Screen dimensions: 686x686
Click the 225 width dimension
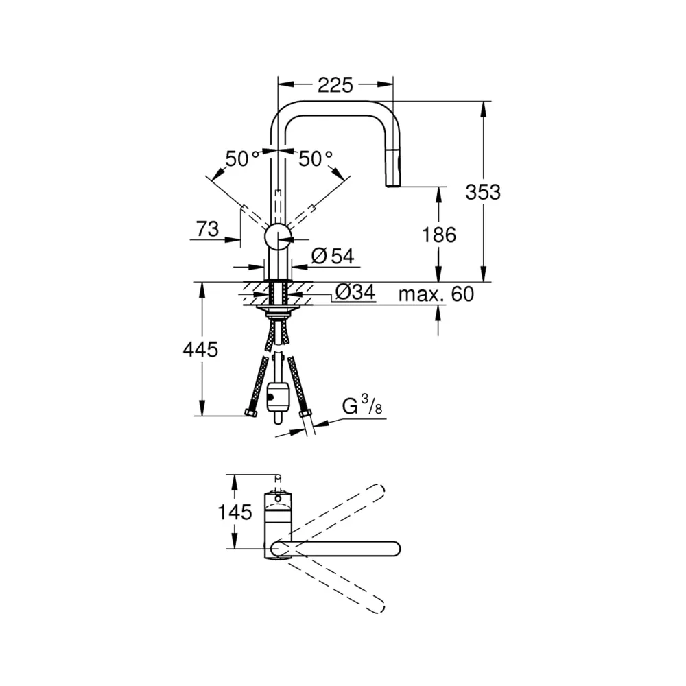(335, 85)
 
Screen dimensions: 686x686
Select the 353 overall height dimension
(482, 192)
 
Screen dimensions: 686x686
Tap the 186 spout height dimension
(439, 235)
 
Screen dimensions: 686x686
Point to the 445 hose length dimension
(200, 350)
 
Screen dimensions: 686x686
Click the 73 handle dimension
(207, 229)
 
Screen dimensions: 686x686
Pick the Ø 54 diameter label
(333, 256)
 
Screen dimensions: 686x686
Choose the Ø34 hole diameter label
(355, 292)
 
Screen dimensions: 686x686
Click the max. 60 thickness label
(436, 294)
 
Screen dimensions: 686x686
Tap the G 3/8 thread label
(362, 405)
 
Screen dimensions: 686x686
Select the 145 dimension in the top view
(235, 512)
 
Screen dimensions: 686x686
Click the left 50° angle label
(242, 159)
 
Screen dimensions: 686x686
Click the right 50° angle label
(316, 159)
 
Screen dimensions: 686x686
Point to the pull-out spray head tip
(392, 185)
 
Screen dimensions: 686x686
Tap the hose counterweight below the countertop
(277, 397)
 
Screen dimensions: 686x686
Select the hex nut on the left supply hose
(250, 412)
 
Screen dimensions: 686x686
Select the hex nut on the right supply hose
(305, 414)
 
